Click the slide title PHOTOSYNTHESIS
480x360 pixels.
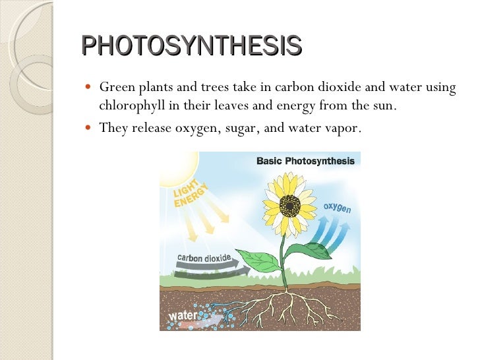(192, 46)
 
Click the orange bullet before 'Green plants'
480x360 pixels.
(89, 88)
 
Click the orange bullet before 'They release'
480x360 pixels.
(89, 128)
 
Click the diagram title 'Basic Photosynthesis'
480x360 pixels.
(305, 161)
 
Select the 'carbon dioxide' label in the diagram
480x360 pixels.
(204, 257)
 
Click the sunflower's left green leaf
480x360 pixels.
(256, 259)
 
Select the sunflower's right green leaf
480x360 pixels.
(310, 251)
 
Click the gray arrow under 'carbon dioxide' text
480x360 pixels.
(204, 266)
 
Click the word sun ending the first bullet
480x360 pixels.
(385, 105)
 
